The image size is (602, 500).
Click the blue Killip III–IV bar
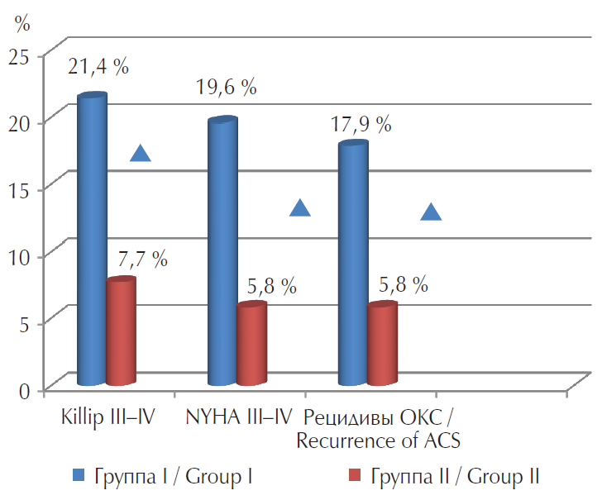[x=92, y=240]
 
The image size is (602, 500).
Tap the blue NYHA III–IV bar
[x=222, y=252]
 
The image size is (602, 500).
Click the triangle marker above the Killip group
[x=141, y=153]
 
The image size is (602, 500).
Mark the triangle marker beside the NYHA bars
[x=300, y=207]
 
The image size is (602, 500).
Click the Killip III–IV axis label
[x=108, y=414]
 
